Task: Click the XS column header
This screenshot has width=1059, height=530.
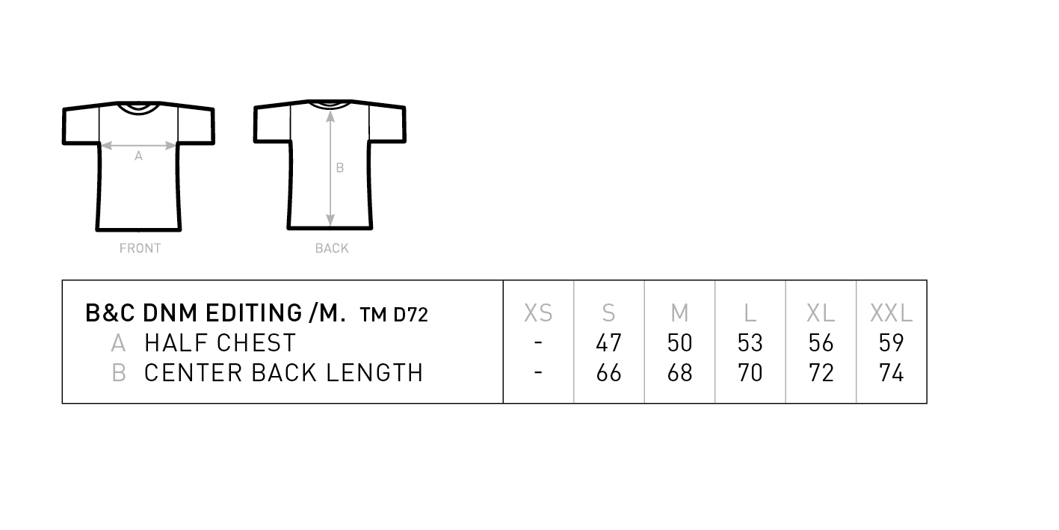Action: coord(538,313)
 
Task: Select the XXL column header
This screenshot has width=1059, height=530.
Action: coord(891,313)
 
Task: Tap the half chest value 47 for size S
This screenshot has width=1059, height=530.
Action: coord(608,343)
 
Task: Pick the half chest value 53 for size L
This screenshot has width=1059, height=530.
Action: coord(750,343)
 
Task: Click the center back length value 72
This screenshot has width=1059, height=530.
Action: coord(821,373)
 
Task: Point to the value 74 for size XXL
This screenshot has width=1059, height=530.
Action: coord(891,373)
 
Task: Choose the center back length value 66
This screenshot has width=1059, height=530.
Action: coord(608,373)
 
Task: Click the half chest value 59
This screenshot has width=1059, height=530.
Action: coord(891,343)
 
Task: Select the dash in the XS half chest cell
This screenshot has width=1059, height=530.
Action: coord(538,342)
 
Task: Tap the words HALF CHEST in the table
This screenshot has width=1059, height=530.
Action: coord(220,343)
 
